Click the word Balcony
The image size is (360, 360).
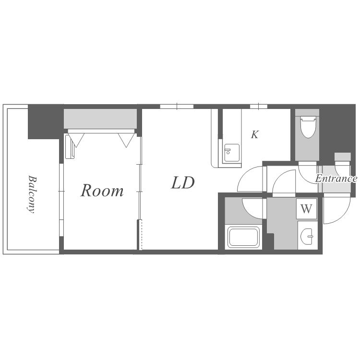coord(31,194)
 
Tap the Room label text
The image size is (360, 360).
coord(102,191)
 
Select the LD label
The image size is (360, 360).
coord(183,182)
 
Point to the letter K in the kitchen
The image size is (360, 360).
coord(255,134)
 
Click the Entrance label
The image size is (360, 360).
coord(336,179)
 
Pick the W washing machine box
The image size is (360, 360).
coord(306,209)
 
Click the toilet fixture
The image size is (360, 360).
coord(307,126)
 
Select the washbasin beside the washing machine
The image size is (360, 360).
coord(307,235)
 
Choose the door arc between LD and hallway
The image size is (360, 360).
coord(250,179)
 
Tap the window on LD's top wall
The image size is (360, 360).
coord(177,106)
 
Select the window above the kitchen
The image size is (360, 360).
coord(258,106)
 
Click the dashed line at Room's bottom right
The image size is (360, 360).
coord(141,235)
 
